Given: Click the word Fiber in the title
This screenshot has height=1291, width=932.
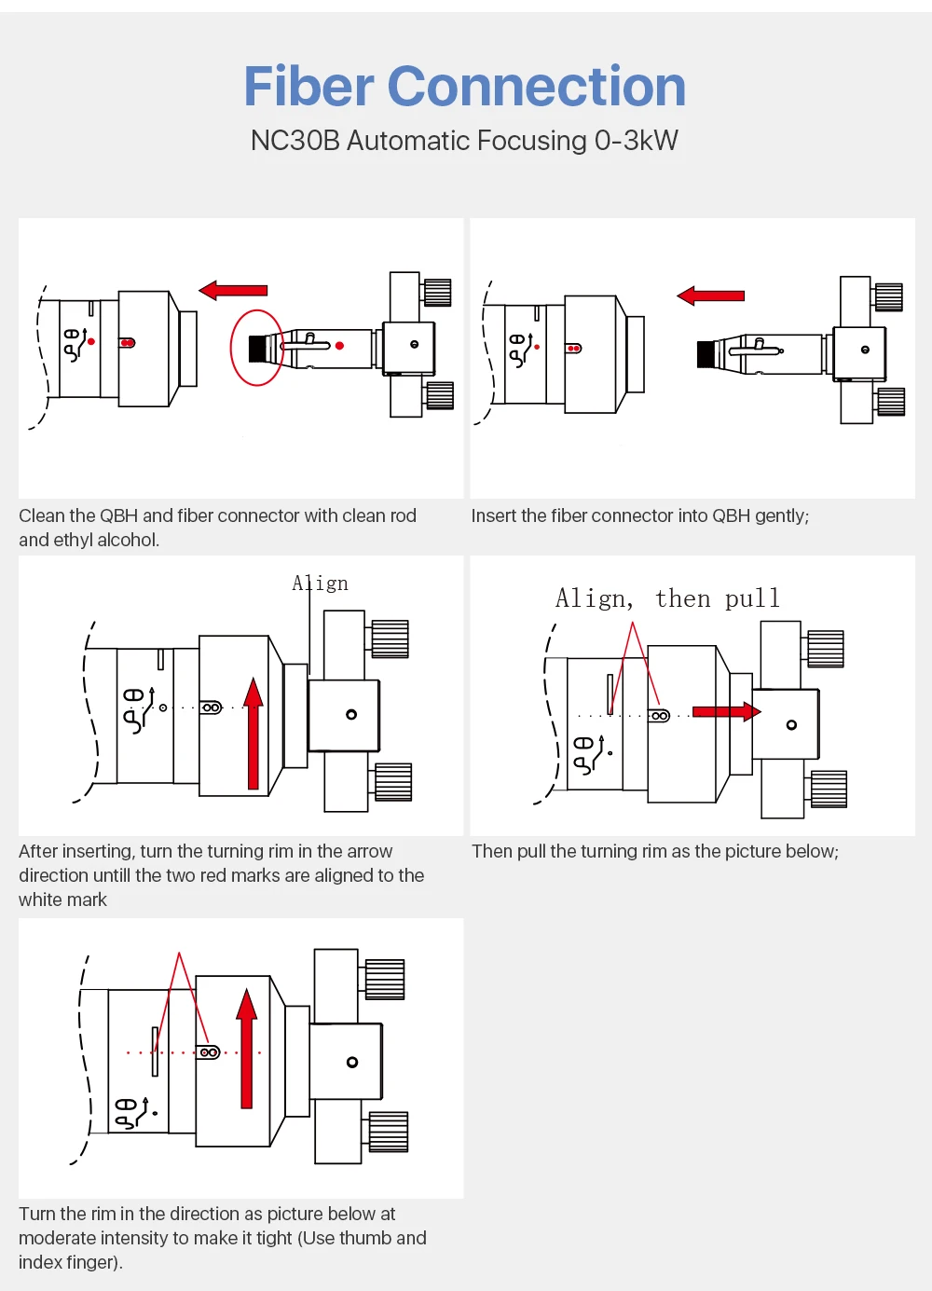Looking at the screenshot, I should (x=308, y=87).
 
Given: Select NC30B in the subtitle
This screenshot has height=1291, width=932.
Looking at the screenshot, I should (x=295, y=141).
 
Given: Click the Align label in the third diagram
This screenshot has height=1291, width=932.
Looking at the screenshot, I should (x=320, y=584).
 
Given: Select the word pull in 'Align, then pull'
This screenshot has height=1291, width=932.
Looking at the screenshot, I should (x=752, y=598).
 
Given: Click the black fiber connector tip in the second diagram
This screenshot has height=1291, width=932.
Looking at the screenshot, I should (x=706, y=354).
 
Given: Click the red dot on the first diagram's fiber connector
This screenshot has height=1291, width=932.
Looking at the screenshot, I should (x=339, y=345).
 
